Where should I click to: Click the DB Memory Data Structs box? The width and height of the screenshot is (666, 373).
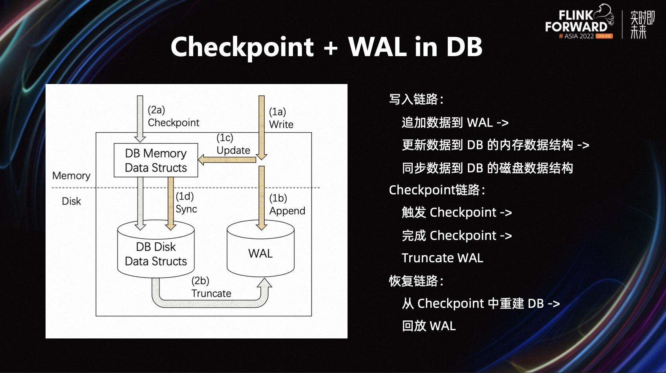[156, 160]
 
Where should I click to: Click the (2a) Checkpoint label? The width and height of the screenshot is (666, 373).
[173, 117]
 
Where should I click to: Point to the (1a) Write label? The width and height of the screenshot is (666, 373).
[281, 118]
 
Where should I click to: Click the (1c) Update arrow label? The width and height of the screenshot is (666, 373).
[233, 144]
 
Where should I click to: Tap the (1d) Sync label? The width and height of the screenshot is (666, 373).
[186, 203]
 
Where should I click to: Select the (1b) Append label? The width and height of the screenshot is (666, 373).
[287, 205]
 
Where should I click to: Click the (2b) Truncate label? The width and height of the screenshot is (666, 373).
[211, 287]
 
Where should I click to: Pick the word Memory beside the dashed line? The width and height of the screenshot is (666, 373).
[71, 176]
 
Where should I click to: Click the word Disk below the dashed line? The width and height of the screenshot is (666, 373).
[71, 201]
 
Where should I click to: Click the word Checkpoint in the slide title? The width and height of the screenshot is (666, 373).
[242, 47]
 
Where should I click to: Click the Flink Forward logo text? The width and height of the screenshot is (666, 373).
[576, 22]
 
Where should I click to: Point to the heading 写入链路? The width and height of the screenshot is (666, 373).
[415, 99]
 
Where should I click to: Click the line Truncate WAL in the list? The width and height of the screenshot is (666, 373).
[442, 258]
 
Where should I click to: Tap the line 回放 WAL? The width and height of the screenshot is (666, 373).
[428, 326]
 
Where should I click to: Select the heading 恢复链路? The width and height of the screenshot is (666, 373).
[415, 281]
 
